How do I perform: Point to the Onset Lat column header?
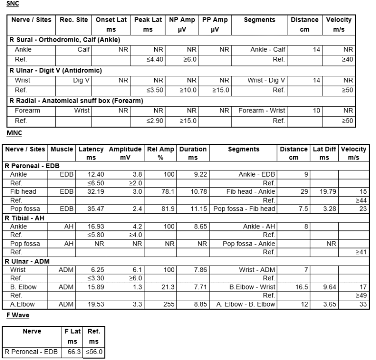tap(111, 20)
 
